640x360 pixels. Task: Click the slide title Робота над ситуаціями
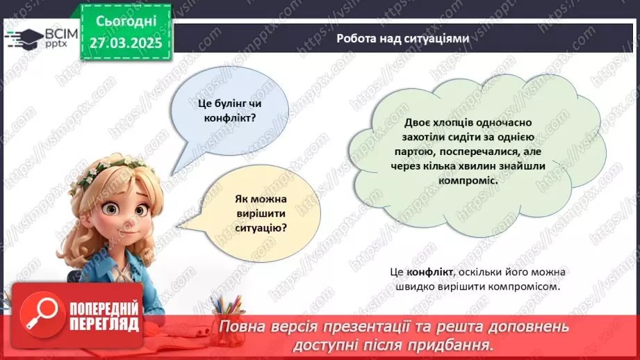click(x=402, y=39)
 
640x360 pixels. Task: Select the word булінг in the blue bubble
click(x=227, y=104)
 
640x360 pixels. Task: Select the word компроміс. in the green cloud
click(x=468, y=179)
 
